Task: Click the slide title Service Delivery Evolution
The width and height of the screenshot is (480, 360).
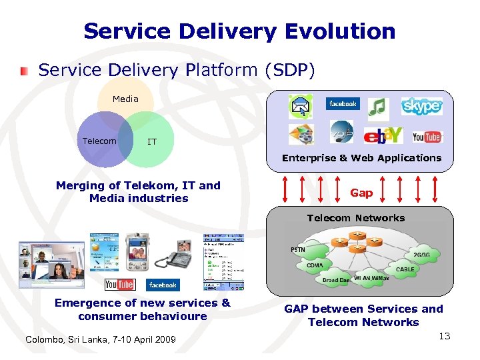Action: click(239, 31)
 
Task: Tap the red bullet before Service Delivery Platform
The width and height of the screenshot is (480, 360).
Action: click(25, 69)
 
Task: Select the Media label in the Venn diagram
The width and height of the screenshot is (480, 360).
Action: click(125, 99)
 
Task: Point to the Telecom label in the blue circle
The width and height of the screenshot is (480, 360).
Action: click(99, 141)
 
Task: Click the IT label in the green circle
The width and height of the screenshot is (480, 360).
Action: click(152, 141)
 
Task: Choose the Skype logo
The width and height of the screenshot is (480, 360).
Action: click(421, 106)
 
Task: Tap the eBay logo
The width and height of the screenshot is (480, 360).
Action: click(383, 135)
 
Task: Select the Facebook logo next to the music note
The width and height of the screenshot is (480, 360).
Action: click(342, 104)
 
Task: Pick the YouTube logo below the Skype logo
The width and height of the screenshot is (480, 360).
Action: click(427, 137)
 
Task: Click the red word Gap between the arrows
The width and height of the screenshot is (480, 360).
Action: click(361, 193)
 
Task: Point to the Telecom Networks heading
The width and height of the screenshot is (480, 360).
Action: click(355, 218)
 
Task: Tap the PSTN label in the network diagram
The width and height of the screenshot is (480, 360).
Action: click(298, 249)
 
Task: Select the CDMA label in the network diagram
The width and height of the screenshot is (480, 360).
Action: click(315, 265)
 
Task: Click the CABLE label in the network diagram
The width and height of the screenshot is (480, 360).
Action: click(405, 269)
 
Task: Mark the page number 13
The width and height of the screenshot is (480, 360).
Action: click(445, 336)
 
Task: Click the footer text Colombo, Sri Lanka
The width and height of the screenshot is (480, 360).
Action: click(100, 340)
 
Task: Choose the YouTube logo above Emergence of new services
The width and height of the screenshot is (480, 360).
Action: click(120, 285)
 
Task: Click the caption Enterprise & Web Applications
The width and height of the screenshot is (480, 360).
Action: click(361, 158)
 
